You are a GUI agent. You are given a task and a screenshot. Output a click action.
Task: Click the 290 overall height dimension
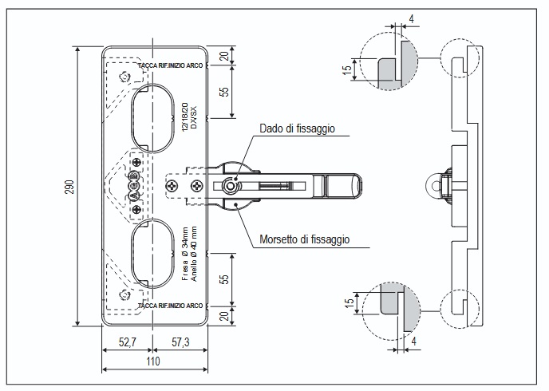coord(71,186)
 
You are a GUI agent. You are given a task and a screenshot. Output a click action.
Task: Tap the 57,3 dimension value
coord(180,342)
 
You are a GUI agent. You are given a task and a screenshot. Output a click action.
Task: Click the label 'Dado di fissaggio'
coord(296,128)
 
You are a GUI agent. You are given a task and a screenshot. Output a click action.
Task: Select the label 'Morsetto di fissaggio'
coord(305,239)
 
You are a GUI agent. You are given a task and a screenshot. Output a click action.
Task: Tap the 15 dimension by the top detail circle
coord(347,70)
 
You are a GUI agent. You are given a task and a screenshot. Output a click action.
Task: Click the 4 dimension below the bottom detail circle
coord(416,339)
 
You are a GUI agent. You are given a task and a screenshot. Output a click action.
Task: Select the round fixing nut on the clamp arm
coord(231,185)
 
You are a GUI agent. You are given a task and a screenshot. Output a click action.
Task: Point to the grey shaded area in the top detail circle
coord(389,69)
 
